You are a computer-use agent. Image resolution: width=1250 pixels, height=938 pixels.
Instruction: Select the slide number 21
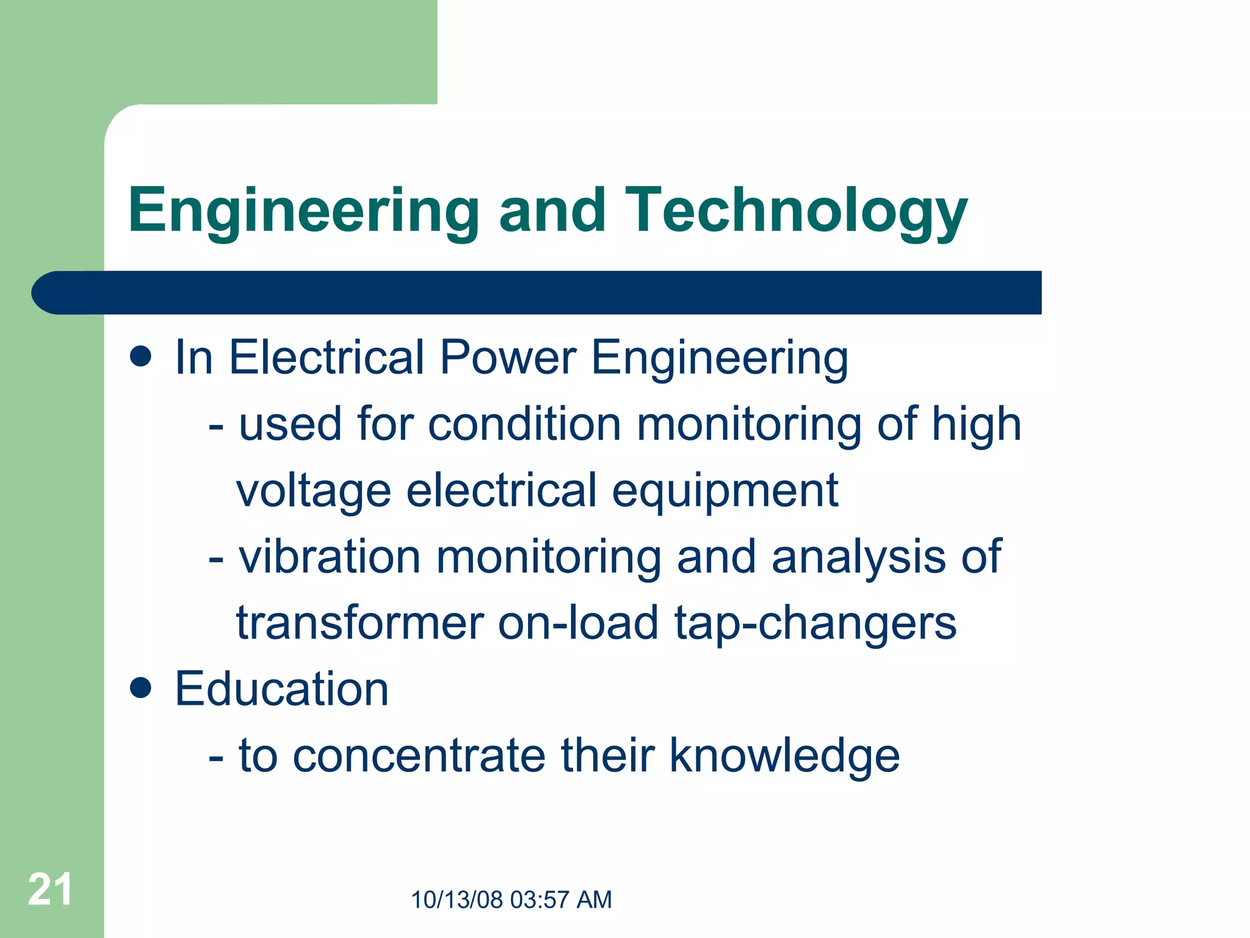click(x=50, y=889)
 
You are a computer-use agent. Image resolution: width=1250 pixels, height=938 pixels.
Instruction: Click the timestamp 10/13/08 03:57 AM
click(x=511, y=900)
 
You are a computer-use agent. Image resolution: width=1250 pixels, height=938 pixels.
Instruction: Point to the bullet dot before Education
click(x=140, y=688)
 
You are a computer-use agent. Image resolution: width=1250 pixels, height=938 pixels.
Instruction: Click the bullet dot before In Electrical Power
click(x=140, y=357)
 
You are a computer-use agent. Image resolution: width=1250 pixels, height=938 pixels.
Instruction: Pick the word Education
click(x=281, y=689)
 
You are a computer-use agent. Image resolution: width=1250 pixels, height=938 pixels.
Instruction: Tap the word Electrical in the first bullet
click(x=327, y=357)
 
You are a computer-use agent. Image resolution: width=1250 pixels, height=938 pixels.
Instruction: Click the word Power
click(x=508, y=357)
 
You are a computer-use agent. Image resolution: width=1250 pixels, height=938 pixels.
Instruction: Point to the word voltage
click(x=313, y=491)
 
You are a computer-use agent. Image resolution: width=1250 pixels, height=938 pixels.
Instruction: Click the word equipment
click(x=725, y=491)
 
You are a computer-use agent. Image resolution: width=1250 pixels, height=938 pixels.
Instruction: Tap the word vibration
click(x=330, y=557)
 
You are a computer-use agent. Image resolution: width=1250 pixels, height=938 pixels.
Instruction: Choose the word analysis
click(x=858, y=557)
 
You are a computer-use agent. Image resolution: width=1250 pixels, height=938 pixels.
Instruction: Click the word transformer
click(x=360, y=623)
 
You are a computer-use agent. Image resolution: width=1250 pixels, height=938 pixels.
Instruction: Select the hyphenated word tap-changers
click(x=815, y=624)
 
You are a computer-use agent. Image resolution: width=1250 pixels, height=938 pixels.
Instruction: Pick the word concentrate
click(x=419, y=756)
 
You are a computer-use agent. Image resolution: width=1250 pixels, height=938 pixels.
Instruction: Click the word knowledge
click(x=784, y=756)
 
